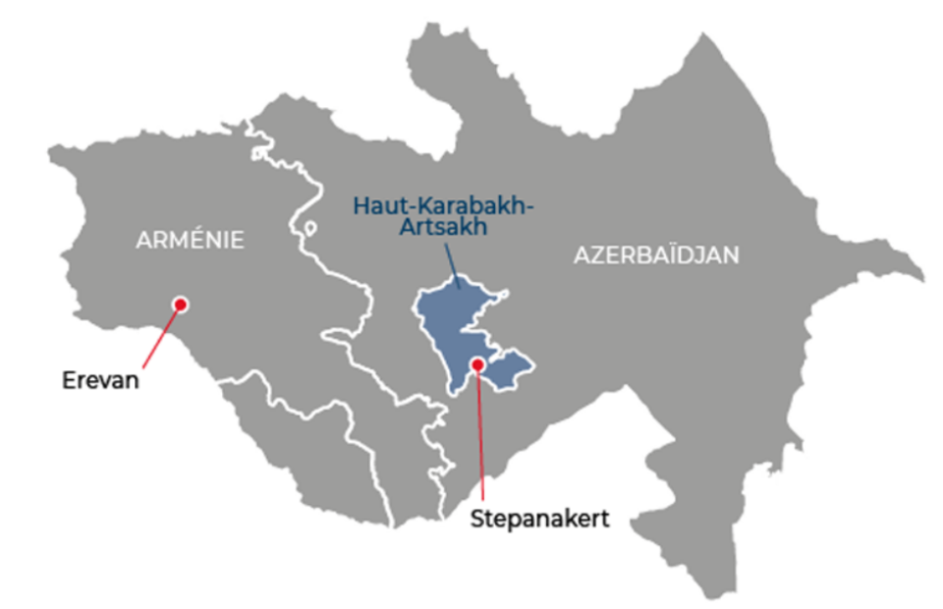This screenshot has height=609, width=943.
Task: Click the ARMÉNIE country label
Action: pos(191,239)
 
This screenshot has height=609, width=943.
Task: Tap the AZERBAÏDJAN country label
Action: pos(656,255)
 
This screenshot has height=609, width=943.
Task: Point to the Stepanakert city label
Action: pos(538,518)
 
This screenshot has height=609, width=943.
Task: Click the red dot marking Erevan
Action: pos(180,304)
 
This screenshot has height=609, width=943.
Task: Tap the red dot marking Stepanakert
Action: pos(477,364)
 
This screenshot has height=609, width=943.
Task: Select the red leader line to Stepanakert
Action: pos(480,432)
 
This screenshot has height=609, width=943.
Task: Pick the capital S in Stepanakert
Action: pos(474,518)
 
